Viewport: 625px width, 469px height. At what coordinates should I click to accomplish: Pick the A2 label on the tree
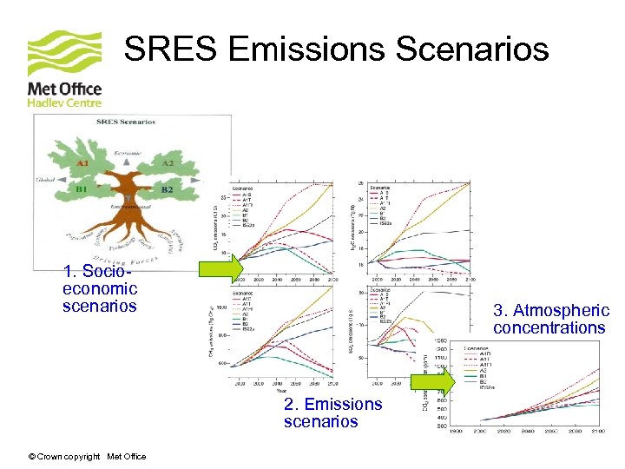[x=168, y=162]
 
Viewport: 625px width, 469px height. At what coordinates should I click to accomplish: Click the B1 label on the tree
[x=85, y=188]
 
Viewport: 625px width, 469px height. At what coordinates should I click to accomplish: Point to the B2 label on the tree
[x=168, y=189]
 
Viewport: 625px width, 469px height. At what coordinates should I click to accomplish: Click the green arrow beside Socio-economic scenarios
[x=221, y=268]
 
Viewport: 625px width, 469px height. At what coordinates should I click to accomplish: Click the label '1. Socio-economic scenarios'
[x=100, y=288]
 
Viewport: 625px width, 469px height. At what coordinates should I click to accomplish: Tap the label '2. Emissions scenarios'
[x=332, y=413]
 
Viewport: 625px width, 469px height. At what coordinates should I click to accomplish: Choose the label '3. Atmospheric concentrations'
[x=550, y=319]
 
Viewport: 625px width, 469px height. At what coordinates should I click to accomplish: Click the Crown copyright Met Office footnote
[x=87, y=457]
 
